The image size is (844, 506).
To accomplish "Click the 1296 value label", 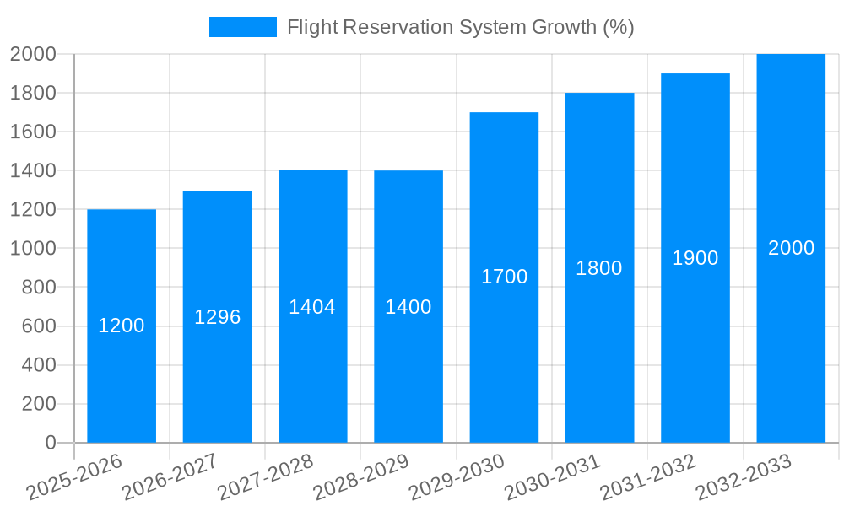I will (218, 317).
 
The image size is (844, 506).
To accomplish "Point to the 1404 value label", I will (312, 307).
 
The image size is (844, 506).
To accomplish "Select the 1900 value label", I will (695, 258).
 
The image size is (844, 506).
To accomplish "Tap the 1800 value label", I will (599, 268).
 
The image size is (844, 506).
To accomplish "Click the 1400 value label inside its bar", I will (408, 307).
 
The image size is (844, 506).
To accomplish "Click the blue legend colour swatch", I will (243, 27).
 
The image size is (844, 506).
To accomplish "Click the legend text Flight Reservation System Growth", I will (460, 27).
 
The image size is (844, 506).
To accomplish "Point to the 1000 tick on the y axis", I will (33, 249).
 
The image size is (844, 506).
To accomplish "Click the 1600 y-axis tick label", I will (33, 132).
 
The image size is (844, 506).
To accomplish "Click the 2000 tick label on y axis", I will (33, 55).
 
